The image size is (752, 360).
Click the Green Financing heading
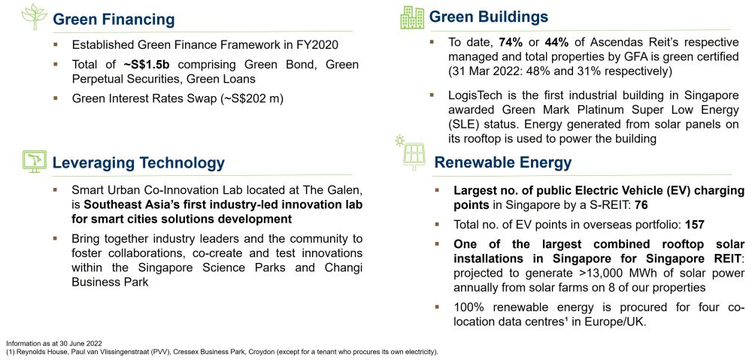114,20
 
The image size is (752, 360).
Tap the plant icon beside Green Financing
35,17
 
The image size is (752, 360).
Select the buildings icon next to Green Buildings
412,18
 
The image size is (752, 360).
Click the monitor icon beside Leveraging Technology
35,162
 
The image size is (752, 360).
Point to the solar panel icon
412,154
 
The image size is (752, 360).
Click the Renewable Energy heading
502,162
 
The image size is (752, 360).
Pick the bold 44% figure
557,42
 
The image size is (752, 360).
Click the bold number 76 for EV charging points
641,205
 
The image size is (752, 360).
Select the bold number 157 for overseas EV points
695,224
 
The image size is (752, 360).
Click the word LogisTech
471,95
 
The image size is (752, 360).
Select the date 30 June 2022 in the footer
83,343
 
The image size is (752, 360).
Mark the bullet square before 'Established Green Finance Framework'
56,44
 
